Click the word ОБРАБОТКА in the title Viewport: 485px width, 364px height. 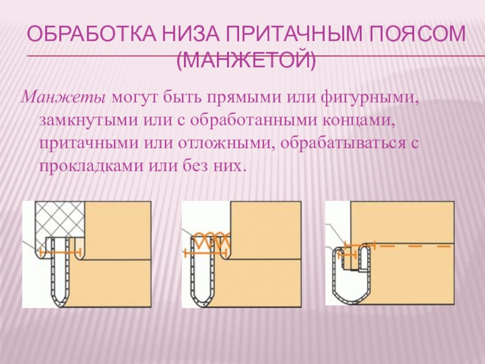click(x=92, y=34)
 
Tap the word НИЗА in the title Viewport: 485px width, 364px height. click(x=192, y=34)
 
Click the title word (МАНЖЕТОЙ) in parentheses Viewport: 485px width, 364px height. click(x=247, y=60)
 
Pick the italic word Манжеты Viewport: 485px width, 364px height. click(x=63, y=98)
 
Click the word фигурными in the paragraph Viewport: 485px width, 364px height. click(x=370, y=98)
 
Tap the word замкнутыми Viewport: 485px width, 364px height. click(x=89, y=120)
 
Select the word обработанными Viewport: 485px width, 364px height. click(x=253, y=120)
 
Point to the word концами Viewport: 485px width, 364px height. click(x=358, y=121)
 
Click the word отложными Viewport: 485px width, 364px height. click(x=227, y=144)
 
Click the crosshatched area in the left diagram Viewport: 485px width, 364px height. click(x=59, y=220)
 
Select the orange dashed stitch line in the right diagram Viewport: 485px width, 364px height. click(x=415, y=246)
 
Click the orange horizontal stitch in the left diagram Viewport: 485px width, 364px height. click(x=60, y=252)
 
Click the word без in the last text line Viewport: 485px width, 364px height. click(x=194, y=166)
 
